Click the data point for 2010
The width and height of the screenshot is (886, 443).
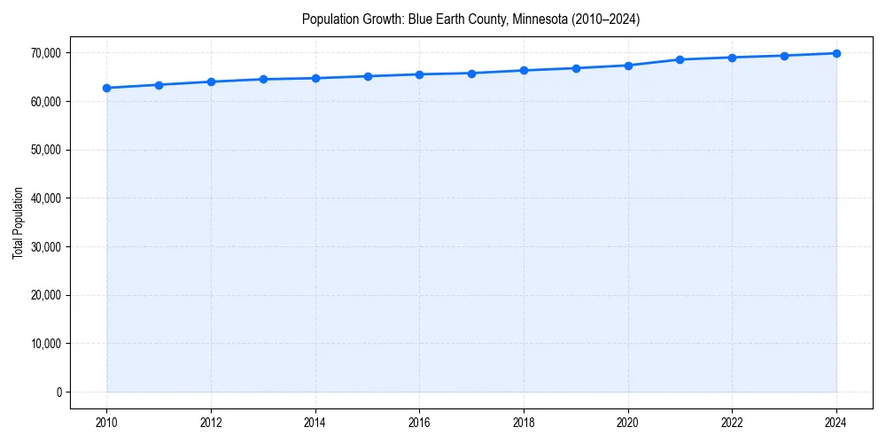click(106, 88)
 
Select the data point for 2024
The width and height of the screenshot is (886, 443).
click(836, 53)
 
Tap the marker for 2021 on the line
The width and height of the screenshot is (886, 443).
click(680, 59)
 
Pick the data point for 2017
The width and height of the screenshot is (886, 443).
click(471, 74)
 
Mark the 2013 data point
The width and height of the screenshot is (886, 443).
click(263, 79)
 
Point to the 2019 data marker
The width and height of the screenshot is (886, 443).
click(576, 68)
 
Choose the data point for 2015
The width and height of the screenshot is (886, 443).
click(367, 76)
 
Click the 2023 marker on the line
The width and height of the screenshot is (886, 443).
click(784, 56)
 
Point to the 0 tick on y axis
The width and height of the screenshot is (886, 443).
click(58, 392)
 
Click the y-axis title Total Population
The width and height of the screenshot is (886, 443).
click(18, 222)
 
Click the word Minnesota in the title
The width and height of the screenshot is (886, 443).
click(537, 19)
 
